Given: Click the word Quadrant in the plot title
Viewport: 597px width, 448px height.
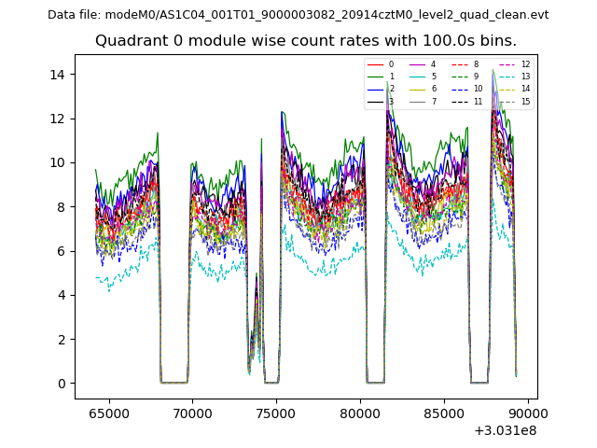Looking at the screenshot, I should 129,41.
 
